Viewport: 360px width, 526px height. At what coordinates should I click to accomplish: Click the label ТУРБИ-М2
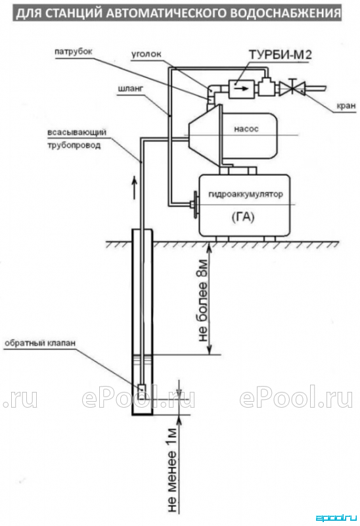(x=280, y=55)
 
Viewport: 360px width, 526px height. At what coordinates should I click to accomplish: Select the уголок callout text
(x=146, y=55)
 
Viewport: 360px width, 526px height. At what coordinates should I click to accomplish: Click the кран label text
(x=346, y=106)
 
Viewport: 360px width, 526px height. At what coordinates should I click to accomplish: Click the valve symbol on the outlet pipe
(x=292, y=88)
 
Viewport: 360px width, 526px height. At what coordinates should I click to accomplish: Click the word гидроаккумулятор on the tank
(x=245, y=194)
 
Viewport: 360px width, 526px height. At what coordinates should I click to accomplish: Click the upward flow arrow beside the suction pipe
(x=134, y=187)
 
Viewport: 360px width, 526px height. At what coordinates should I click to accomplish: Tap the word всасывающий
(x=77, y=132)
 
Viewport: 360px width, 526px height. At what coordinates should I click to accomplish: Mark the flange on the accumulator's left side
(x=194, y=204)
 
